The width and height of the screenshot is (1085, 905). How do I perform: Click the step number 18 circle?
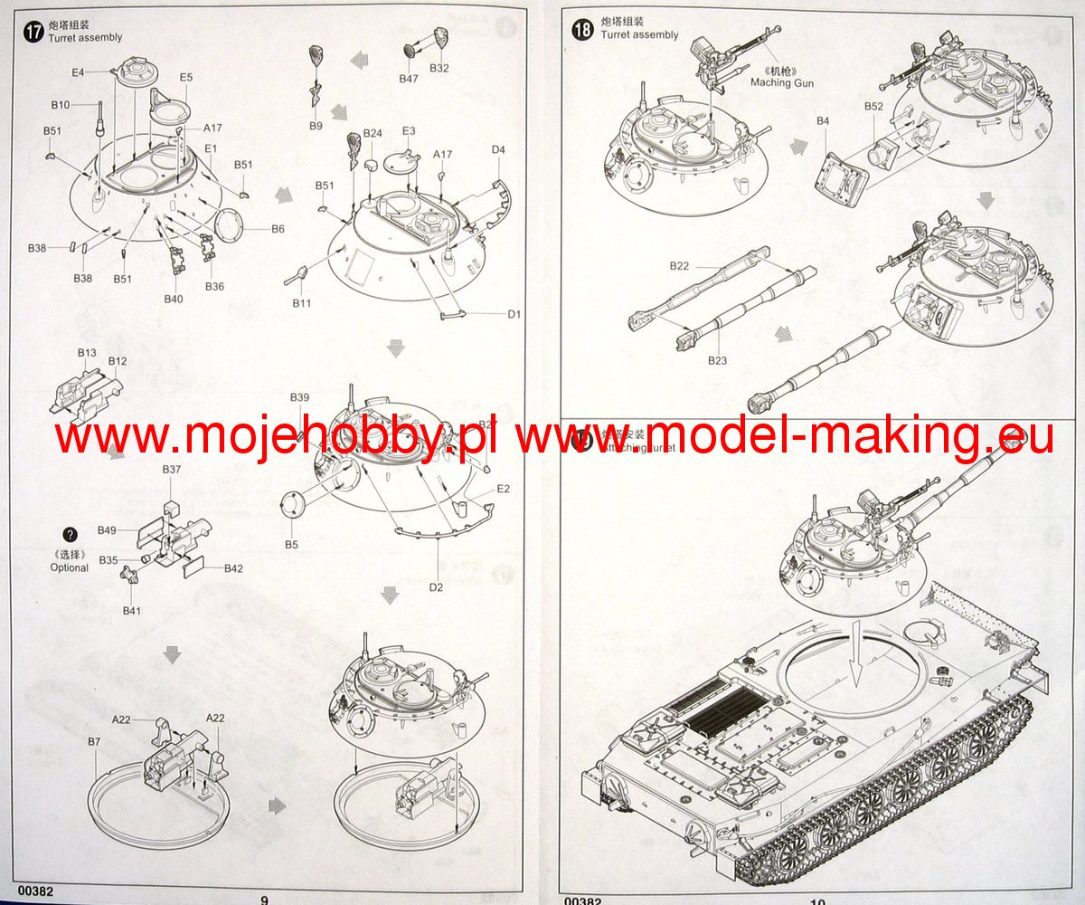(x=583, y=29)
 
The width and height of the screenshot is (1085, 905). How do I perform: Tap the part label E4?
(x=78, y=71)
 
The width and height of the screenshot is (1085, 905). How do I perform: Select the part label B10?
(x=61, y=105)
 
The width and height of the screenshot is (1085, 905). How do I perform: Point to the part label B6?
(x=278, y=229)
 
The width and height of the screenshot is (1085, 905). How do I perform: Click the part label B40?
(x=174, y=299)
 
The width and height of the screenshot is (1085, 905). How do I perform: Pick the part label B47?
(x=409, y=79)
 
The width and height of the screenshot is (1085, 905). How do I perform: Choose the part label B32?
(x=439, y=69)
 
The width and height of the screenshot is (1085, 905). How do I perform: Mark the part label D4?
(x=499, y=149)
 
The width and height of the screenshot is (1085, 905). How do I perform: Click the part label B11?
(x=301, y=303)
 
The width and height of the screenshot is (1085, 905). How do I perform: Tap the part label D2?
(x=436, y=588)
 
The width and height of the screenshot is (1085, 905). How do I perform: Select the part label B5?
(x=291, y=545)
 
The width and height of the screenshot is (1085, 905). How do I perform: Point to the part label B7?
(x=94, y=742)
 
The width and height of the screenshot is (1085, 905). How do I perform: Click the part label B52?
(x=873, y=106)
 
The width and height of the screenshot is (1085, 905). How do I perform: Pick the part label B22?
(x=680, y=265)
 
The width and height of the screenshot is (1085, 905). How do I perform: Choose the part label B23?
(x=717, y=360)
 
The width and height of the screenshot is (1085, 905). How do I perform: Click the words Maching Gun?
(x=782, y=83)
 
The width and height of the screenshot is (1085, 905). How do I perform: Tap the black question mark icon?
(x=71, y=535)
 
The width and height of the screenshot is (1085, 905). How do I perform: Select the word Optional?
(x=70, y=567)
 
